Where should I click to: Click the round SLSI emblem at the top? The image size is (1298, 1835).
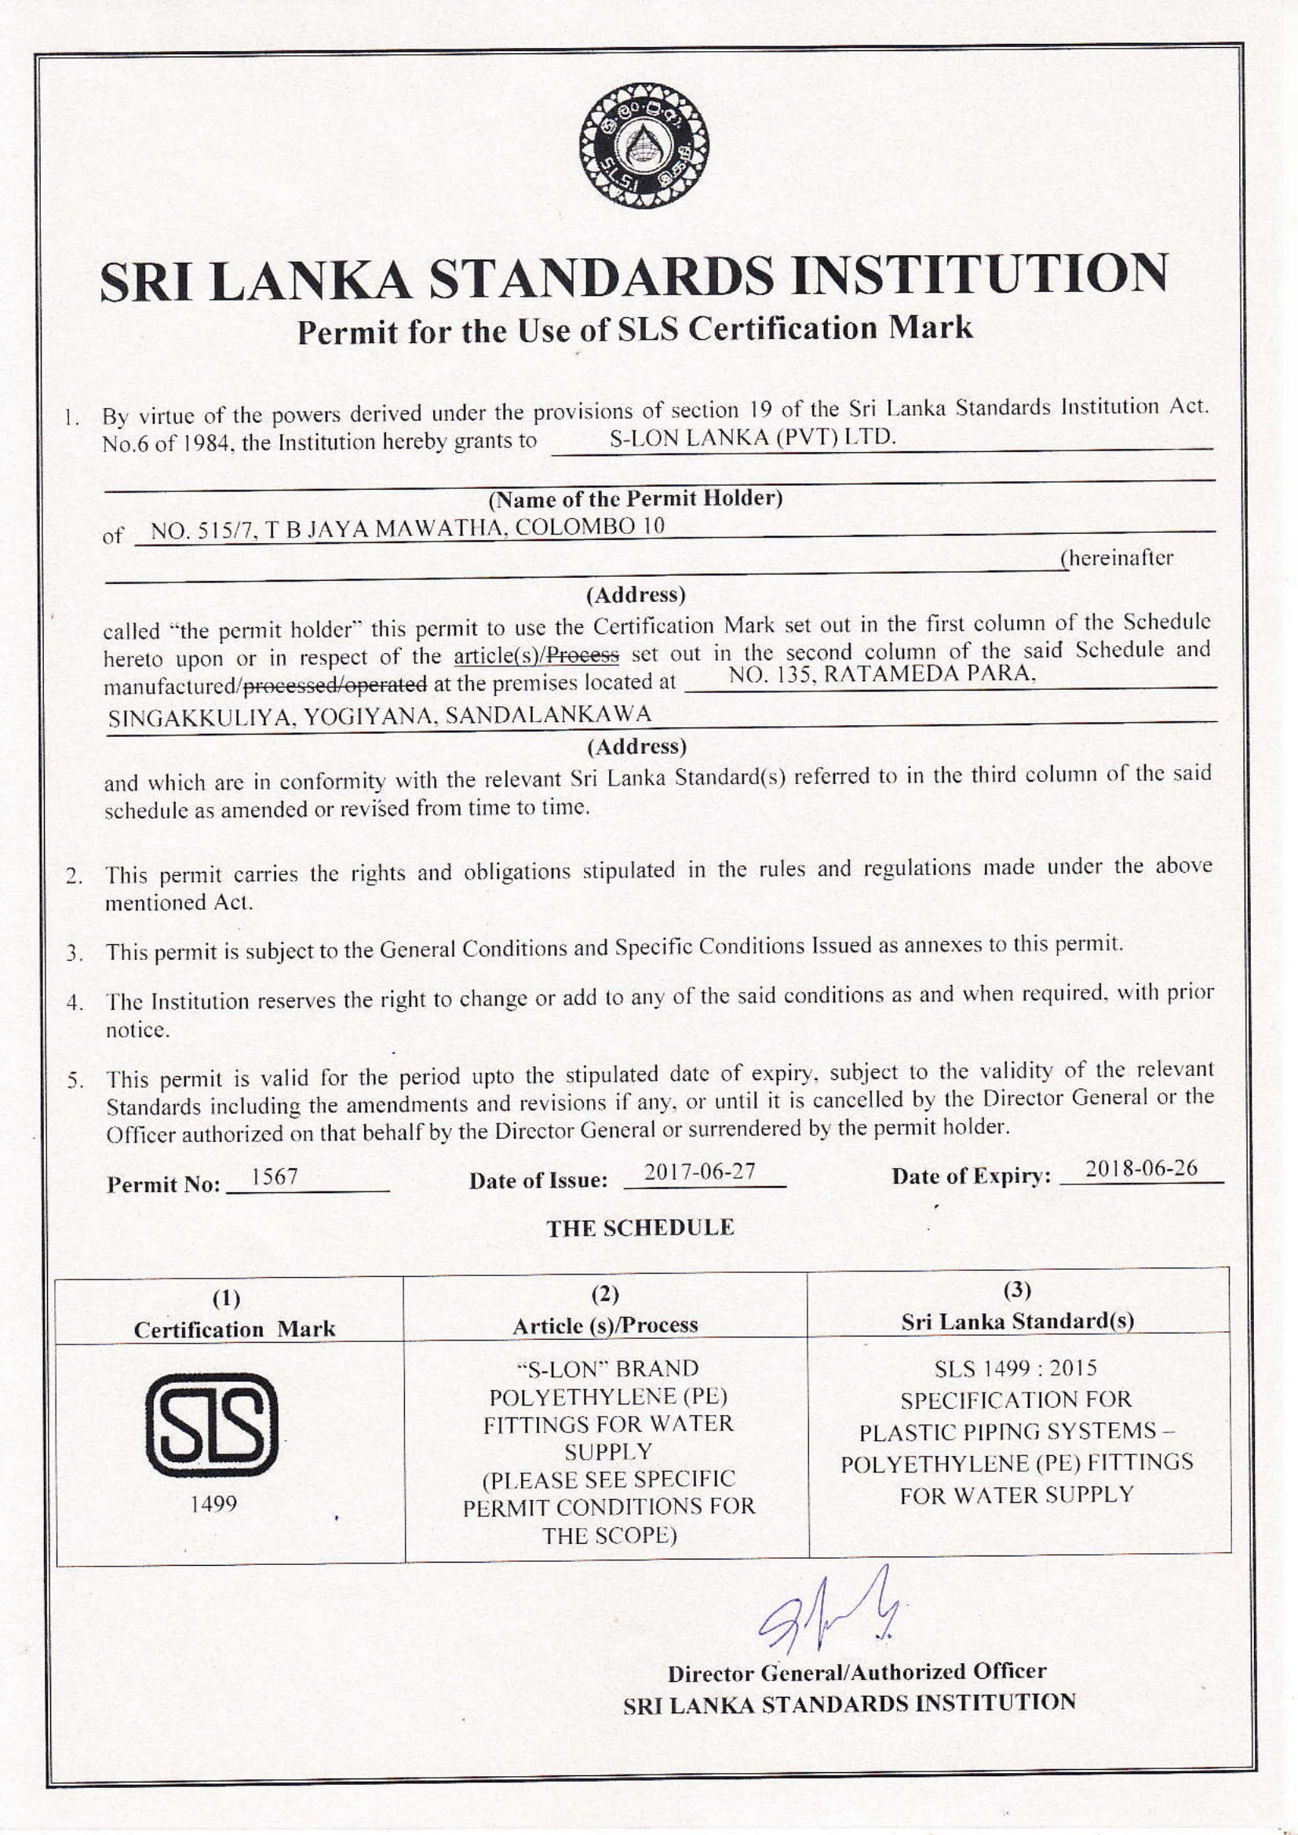click(x=644, y=147)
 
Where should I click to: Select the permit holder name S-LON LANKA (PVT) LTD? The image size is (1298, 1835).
click(x=752, y=437)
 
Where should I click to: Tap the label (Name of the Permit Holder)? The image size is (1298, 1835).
click(x=636, y=498)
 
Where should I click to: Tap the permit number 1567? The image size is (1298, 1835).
click(x=274, y=1177)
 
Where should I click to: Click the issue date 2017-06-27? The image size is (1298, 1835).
click(x=700, y=1172)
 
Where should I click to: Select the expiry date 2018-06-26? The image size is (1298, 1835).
click(x=1141, y=1169)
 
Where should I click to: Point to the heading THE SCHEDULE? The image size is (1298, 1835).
click(x=640, y=1228)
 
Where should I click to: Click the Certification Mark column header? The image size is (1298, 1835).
click(x=234, y=1329)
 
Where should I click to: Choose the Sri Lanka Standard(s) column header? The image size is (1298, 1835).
click(x=1018, y=1321)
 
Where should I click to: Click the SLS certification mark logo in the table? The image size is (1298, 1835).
click(x=212, y=1424)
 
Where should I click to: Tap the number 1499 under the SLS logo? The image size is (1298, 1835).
click(x=213, y=1504)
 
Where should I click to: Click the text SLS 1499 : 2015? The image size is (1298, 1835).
click(x=1015, y=1369)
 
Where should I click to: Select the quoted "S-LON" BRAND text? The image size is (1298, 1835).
click(x=608, y=1369)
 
